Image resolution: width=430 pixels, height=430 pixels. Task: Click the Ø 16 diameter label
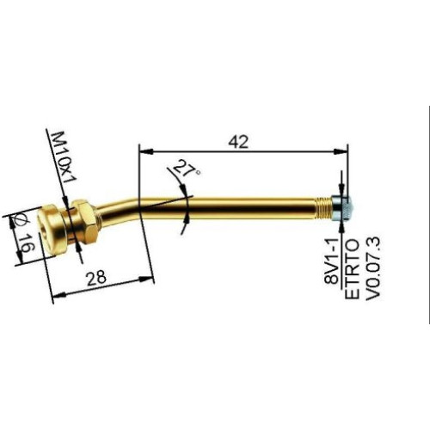click(x=21, y=233)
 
